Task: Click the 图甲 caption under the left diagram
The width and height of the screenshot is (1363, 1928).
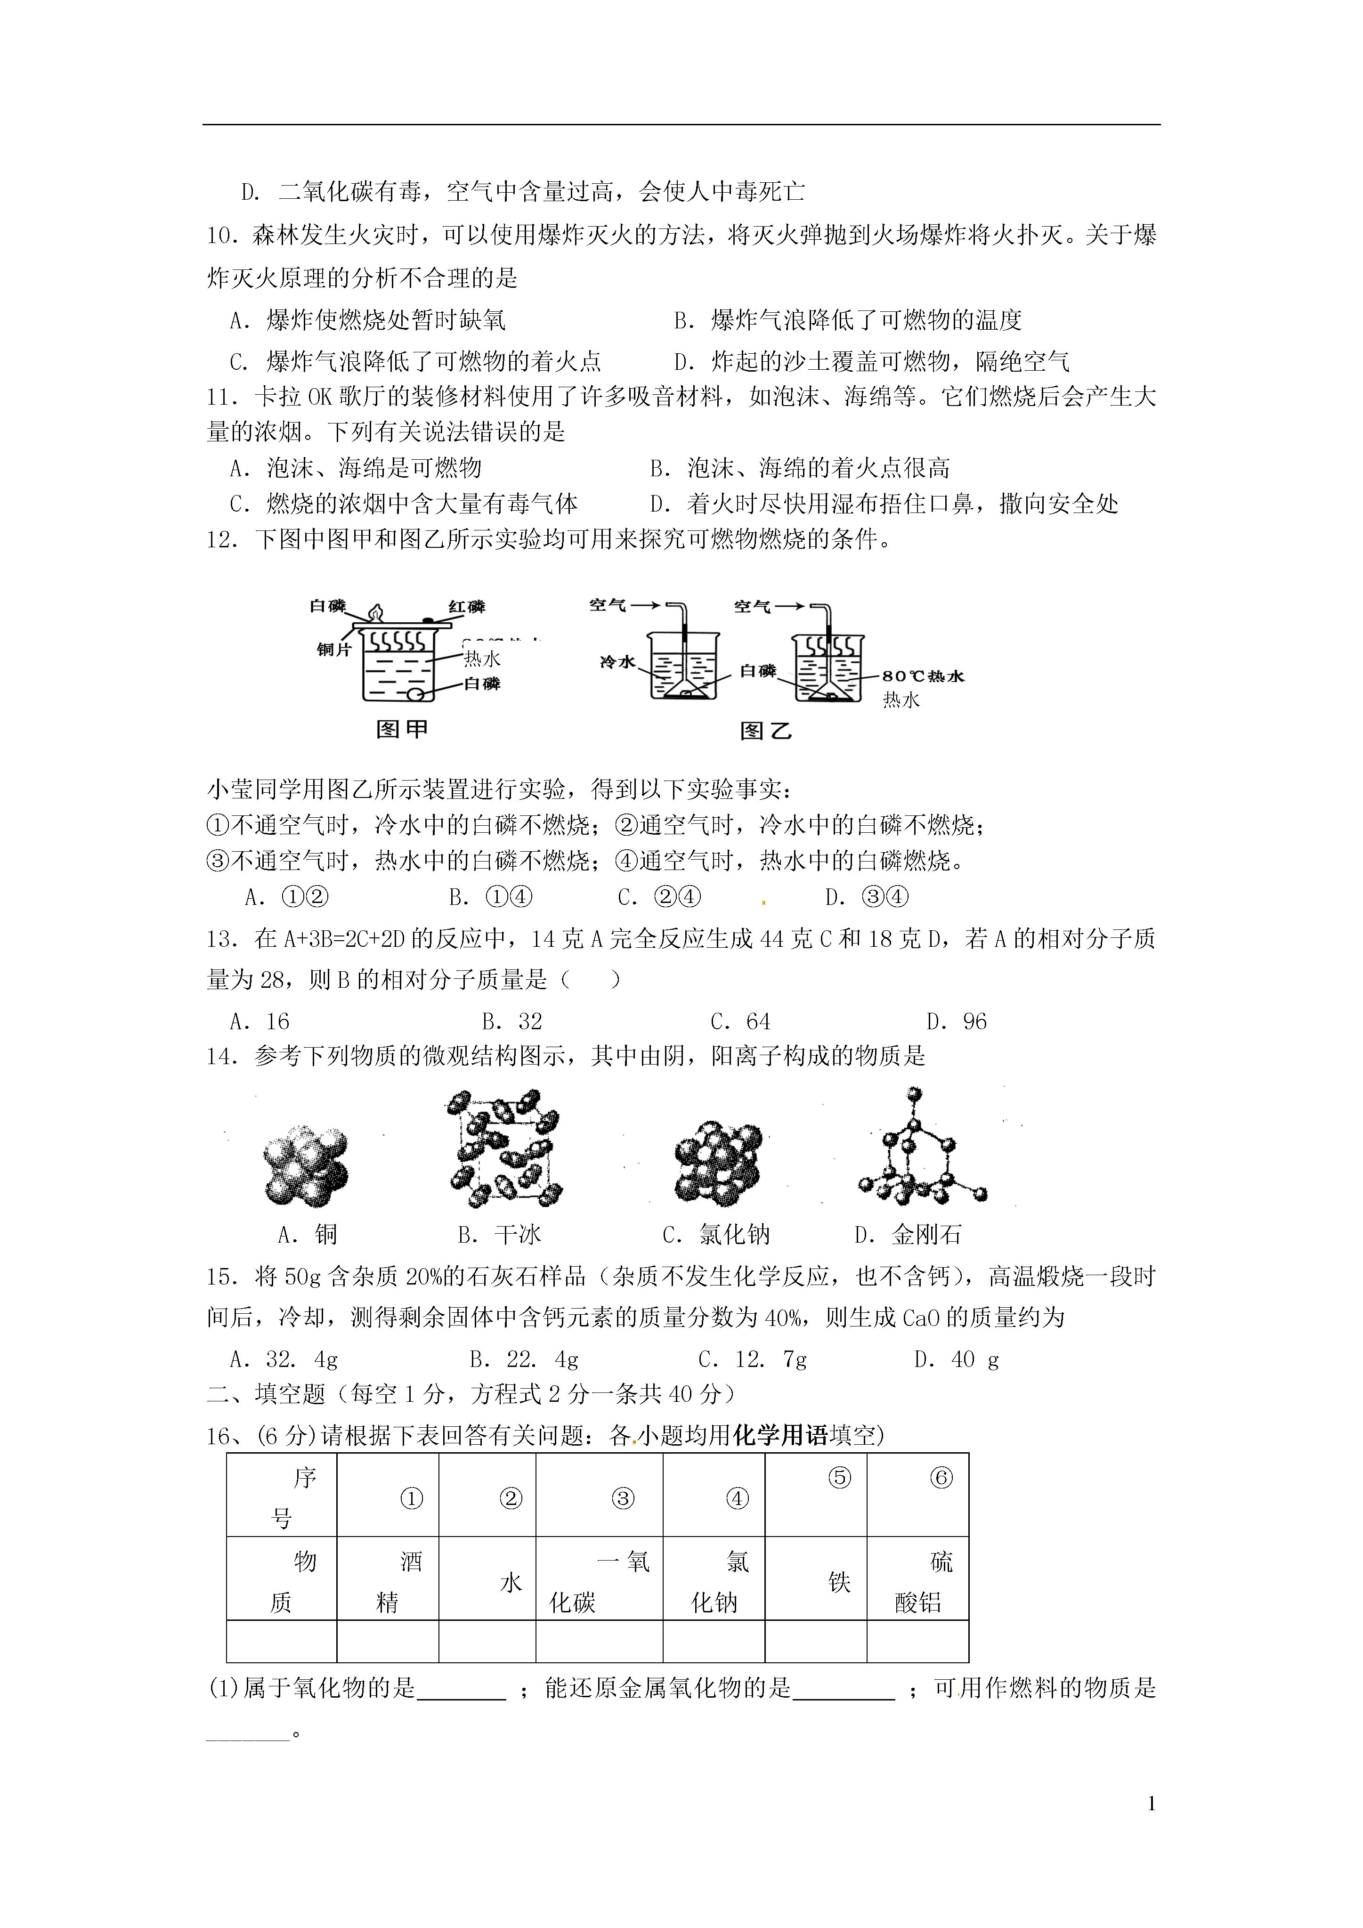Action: (x=401, y=729)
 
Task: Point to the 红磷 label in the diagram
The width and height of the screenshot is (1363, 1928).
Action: (x=466, y=606)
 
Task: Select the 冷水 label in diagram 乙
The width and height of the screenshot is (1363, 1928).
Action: (x=617, y=662)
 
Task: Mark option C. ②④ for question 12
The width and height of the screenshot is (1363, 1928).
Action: (x=658, y=897)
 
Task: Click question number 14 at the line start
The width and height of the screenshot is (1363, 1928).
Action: (x=223, y=1057)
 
